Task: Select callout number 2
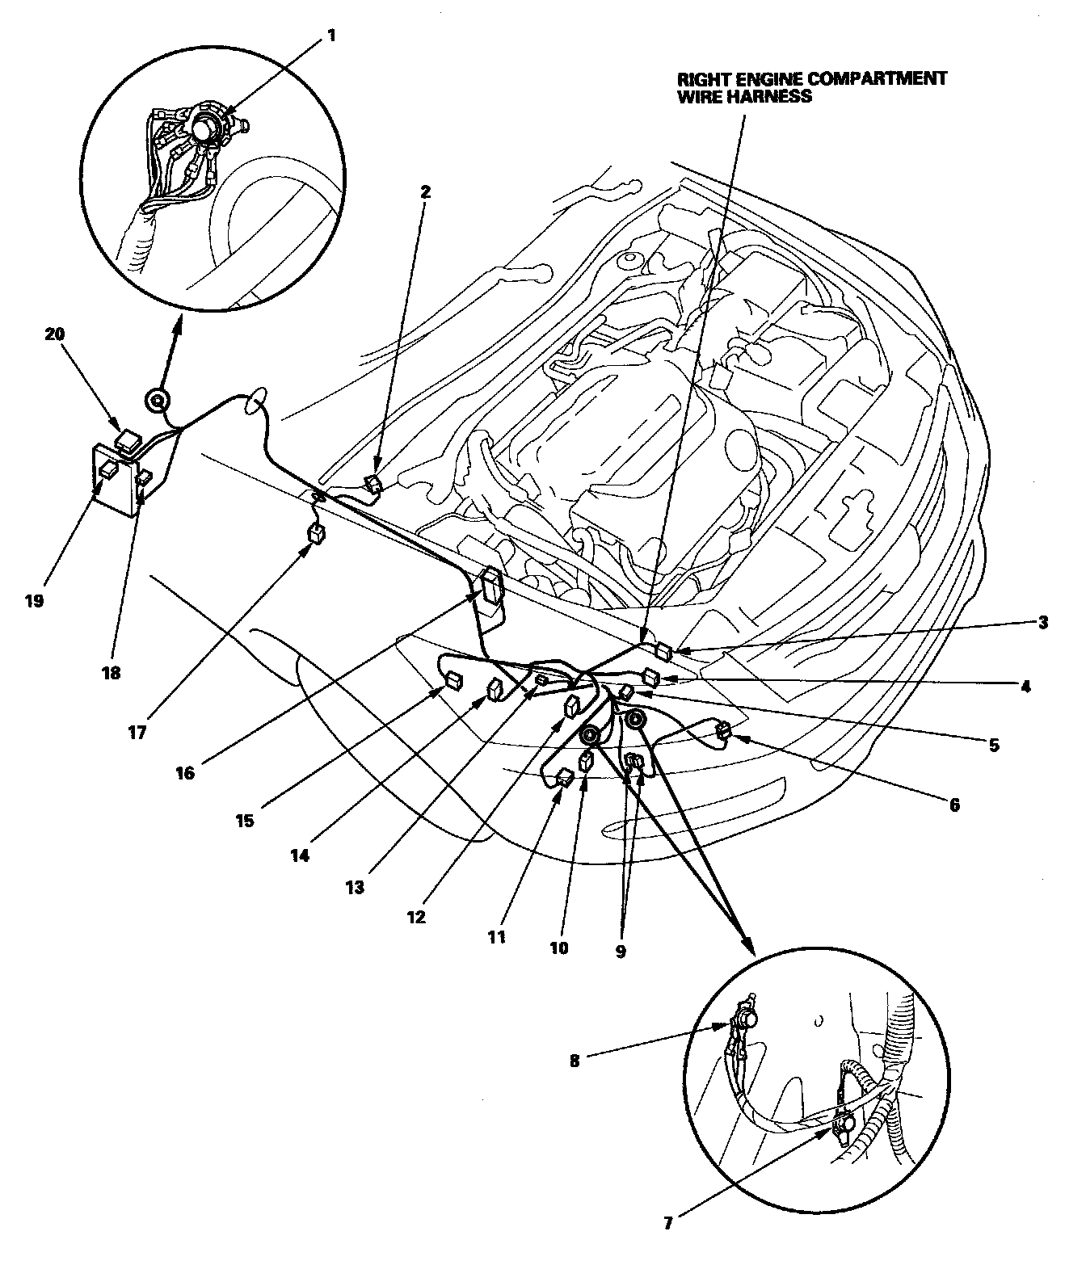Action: tap(425, 192)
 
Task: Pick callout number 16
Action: tap(185, 772)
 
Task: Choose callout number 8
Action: tap(575, 1061)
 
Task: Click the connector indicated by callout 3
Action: tap(663, 649)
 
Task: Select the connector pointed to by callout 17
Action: tap(318, 533)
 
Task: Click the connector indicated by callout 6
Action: tap(723, 732)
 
